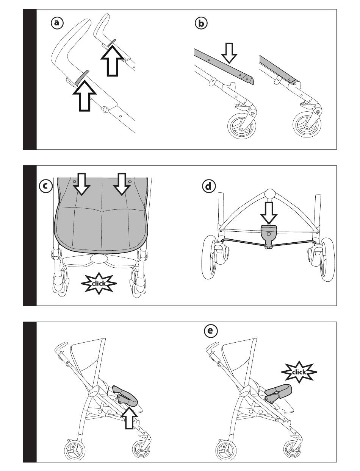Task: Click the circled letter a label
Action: click(57, 23)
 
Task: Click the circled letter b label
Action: click(201, 23)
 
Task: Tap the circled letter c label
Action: click(45, 186)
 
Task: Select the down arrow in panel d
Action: click(269, 213)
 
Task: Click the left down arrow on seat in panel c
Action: click(81, 184)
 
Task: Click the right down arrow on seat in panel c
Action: click(121, 184)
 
